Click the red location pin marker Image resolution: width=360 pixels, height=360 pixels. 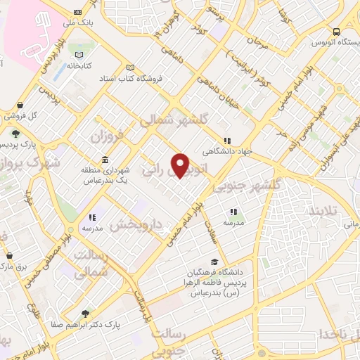[x=182, y=165]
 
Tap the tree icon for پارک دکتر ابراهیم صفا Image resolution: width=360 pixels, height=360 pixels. [x=85, y=314]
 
